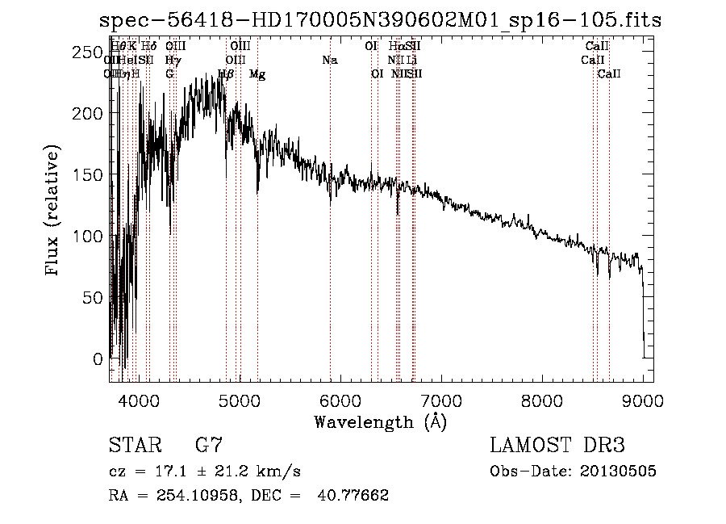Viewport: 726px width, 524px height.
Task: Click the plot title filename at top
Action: pyautogui.click(x=380, y=20)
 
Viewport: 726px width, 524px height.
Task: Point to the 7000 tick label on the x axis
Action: pyautogui.click(x=441, y=400)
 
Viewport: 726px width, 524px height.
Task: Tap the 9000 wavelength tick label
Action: pyautogui.click(x=643, y=400)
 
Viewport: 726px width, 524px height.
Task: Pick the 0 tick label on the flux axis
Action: pyautogui.click(x=98, y=358)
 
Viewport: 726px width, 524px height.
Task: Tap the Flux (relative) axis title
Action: pyautogui.click(x=54, y=212)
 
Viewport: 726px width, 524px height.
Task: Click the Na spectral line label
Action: pyautogui.click(x=329, y=61)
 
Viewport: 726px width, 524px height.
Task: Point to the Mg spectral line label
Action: pyautogui.click(x=257, y=74)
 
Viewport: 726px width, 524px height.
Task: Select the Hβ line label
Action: pyautogui.click(x=226, y=74)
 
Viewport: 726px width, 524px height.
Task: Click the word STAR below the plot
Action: pyautogui.click(x=134, y=446)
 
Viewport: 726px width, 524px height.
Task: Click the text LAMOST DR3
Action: pyautogui.click(x=557, y=446)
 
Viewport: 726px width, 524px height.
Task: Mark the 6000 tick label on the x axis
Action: pyautogui.click(x=340, y=400)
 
